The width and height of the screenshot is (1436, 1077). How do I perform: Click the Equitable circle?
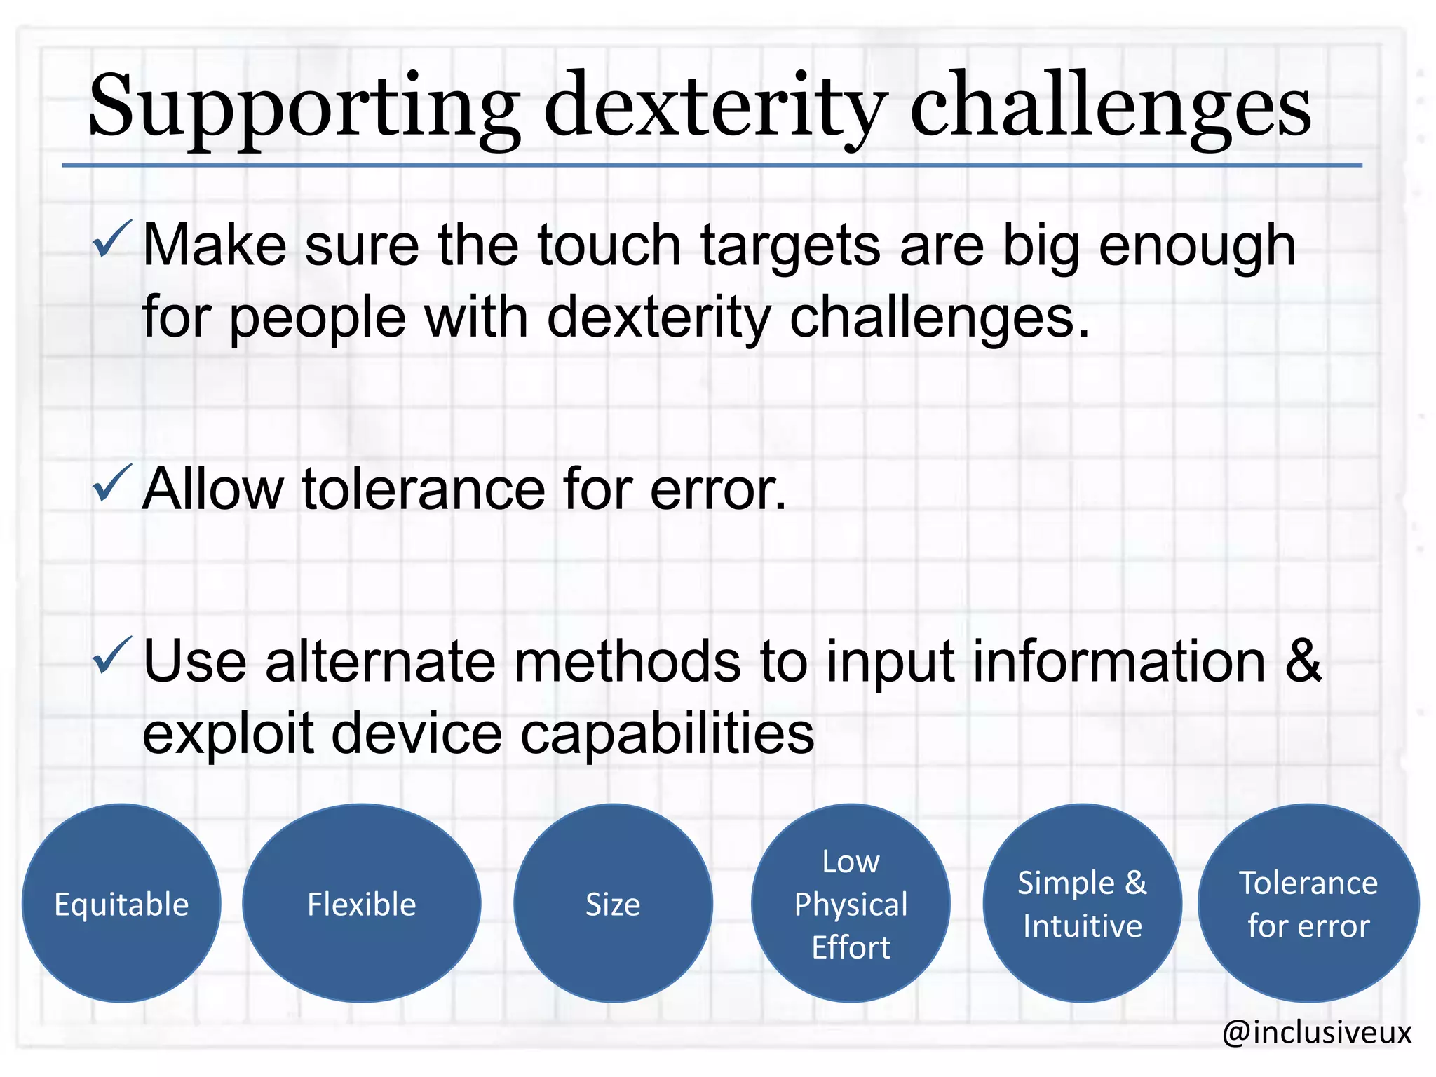[121, 903]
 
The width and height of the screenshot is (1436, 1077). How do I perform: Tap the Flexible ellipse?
[361, 903]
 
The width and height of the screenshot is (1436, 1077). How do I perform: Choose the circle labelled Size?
[613, 903]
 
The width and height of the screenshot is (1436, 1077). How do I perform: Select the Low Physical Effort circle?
[851, 903]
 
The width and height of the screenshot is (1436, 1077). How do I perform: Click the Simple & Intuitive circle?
[1082, 903]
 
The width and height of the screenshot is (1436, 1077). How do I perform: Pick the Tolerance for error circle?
[1308, 903]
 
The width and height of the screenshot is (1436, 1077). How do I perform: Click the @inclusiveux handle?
[1316, 1032]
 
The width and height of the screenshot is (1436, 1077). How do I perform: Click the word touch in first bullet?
[609, 245]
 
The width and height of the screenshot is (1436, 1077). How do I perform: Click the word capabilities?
[667, 733]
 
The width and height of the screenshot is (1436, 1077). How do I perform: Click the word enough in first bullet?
[1197, 245]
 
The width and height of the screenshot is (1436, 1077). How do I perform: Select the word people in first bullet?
[318, 318]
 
